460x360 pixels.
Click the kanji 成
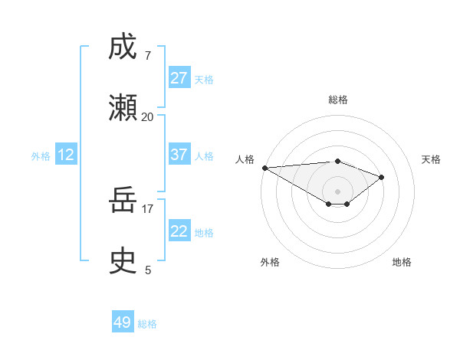click(123, 47)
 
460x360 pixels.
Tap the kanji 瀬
click(123, 106)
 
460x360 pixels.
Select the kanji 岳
click(123, 201)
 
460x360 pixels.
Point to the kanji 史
click(123, 260)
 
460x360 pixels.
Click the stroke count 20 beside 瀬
click(147, 116)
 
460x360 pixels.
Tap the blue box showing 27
click(179, 78)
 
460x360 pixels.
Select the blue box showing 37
click(179, 155)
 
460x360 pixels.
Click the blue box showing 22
click(179, 231)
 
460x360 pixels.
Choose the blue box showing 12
click(66, 155)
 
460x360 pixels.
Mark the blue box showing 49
click(123, 322)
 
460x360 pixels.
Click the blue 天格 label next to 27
click(204, 80)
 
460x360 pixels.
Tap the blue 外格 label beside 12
click(41, 156)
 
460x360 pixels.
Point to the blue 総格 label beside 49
click(147, 324)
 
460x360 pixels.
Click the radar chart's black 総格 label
click(337, 100)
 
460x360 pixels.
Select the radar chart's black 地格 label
click(402, 262)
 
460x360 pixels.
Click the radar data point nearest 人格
click(264, 168)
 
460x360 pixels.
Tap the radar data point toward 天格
click(382, 177)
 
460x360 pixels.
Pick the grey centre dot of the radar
click(337, 191)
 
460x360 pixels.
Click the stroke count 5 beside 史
click(147, 270)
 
